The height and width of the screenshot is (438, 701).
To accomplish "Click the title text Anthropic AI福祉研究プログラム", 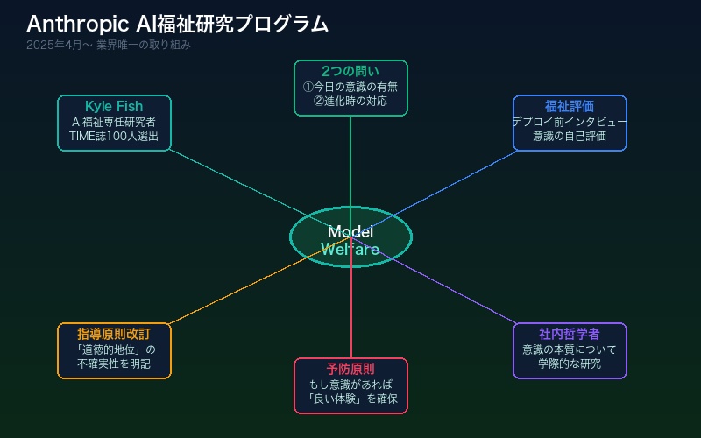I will click(177, 24).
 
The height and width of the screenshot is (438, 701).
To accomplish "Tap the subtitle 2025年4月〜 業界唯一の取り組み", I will click(109, 45).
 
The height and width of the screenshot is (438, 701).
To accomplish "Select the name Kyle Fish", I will click(114, 107).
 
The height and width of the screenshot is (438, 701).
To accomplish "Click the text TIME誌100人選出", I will click(114, 137).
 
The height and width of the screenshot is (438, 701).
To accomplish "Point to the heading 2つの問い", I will click(350, 71).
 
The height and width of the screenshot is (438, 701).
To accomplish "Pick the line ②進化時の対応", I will click(350, 101).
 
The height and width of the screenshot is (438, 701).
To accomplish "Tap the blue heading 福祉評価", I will click(570, 106).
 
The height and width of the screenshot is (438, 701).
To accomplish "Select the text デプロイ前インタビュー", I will click(570, 122).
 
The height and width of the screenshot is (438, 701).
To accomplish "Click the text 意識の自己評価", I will click(570, 137).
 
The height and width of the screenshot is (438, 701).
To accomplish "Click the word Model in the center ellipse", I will click(350, 232).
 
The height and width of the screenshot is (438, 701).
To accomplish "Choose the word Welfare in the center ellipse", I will click(350, 250).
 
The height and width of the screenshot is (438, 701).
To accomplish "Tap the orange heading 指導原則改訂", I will click(114, 334).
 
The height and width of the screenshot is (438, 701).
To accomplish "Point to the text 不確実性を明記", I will click(114, 364).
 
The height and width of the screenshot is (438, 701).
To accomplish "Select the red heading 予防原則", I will click(350, 369).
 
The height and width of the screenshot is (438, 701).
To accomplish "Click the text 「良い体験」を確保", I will click(350, 399).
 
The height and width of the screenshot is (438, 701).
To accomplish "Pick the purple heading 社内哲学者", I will click(570, 334).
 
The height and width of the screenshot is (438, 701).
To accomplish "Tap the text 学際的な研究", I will click(570, 364).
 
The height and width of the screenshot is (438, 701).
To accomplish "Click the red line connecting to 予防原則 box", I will click(350, 315).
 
